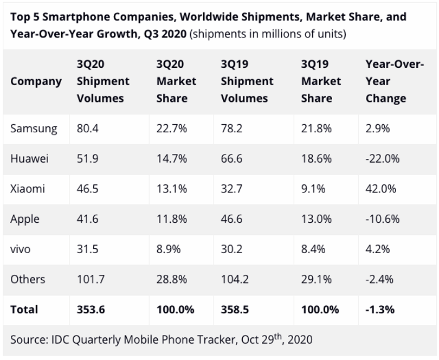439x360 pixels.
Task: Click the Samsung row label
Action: coord(34,129)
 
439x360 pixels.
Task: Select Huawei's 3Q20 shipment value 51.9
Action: coord(88,158)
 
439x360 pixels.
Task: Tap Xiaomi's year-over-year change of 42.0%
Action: coord(381,189)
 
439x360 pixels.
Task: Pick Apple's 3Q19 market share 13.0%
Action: coord(317,219)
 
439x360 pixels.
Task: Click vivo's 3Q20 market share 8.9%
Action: coord(169,249)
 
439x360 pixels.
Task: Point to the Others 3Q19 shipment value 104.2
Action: coord(235,279)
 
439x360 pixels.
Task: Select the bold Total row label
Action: coord(24,310)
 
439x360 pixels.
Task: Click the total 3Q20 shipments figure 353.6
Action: coord(91,310)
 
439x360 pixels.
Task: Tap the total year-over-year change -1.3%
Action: coord(380,310)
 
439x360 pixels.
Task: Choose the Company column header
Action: coord(36,81)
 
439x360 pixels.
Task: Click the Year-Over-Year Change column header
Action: coord(395,81)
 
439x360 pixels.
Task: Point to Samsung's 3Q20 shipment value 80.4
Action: coord(88,128)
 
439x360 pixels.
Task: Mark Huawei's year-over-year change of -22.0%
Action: coord(383,158)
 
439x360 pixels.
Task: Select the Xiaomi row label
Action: coord(28,189)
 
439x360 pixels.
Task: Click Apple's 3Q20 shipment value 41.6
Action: coord(88,219)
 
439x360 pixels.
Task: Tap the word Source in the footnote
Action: coord(29,340)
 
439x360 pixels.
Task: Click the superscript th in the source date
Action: coord(278,337)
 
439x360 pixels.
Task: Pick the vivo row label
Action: coord(21,249)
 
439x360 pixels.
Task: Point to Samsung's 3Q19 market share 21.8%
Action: coord(317,128)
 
